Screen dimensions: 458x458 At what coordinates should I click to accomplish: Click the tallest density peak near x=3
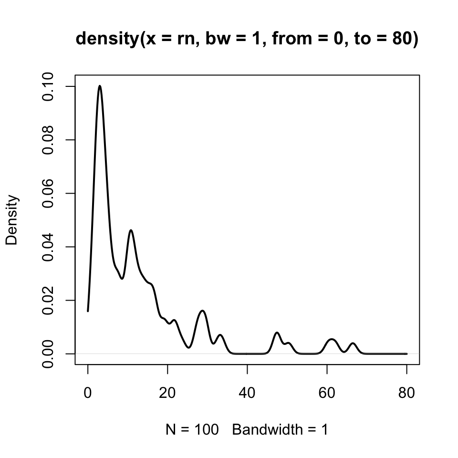(x=100, y=86)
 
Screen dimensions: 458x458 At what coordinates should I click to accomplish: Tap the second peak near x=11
(x=131, y=230)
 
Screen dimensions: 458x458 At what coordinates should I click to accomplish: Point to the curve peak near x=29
(x=202, y=311)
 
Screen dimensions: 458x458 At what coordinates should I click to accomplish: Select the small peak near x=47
(x=277, y=333)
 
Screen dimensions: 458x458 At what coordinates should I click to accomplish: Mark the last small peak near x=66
(x=353, y=343)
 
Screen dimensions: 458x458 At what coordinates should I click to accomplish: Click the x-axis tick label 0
(x=88, y=394)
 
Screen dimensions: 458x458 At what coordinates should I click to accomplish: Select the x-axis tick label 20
(x=167, y=394)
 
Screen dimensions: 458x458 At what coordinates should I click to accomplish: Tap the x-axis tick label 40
(x=247, y=394)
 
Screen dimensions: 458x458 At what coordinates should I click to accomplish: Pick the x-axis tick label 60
(x=327, y=394)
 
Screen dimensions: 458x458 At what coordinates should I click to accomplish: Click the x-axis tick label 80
(x=406, y=394)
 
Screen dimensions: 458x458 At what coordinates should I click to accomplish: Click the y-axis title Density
(x=12, y=220)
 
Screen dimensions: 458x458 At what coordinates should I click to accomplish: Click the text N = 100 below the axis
(x=192, y=430)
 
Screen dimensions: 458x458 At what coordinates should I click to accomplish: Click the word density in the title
(x=106, y=39)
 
